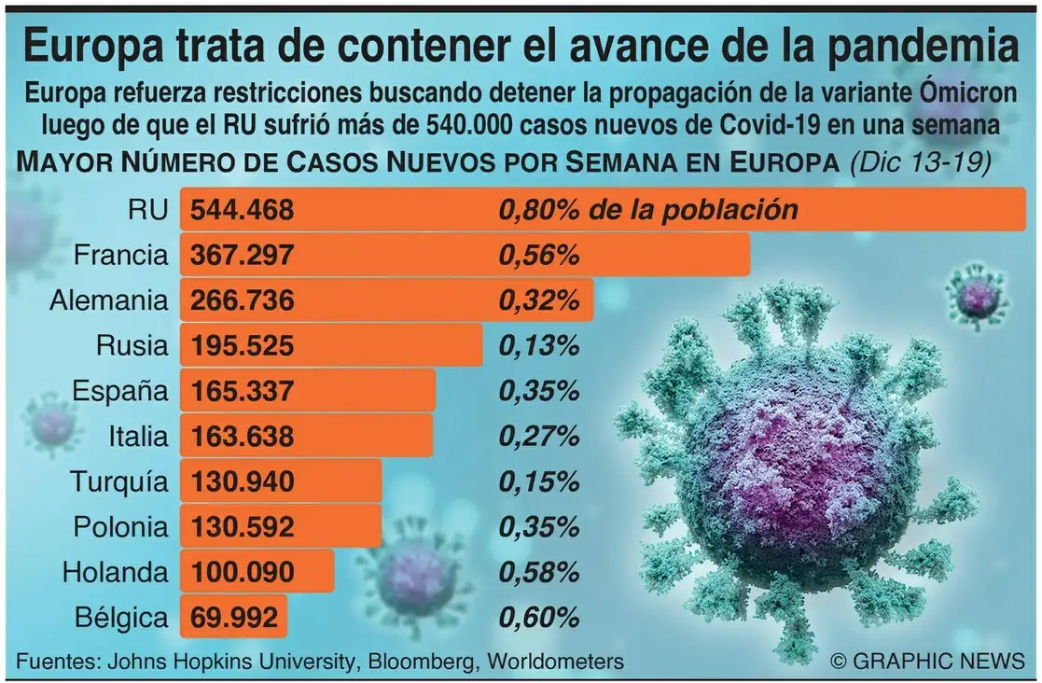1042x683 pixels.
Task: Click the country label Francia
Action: tap(120, 256)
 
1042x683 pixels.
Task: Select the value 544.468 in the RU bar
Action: tap(243, 211)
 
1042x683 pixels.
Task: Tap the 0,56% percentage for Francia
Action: tap(540, 256)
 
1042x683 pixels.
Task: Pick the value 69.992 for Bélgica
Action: tap(233, 618)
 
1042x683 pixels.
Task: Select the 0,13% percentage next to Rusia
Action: tap(540, 346)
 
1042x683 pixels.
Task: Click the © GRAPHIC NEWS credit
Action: tap(926, 661)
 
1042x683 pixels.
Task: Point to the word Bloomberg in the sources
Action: tap(417, 662)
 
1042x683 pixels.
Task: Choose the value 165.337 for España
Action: tap(243, 392)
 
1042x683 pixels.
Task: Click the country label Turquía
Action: tap(118, 482)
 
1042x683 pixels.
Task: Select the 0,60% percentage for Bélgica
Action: tap(540, 618)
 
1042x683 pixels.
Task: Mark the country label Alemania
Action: tap(109, 301)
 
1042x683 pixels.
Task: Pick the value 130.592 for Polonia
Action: tap(243, 527)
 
